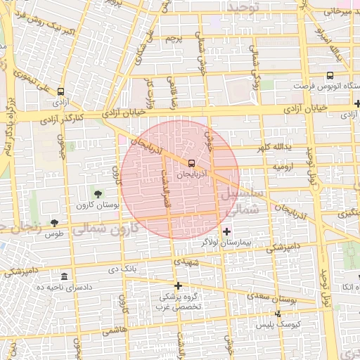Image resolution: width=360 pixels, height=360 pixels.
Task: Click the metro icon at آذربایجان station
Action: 192,163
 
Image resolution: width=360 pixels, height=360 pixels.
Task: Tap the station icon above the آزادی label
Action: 61,91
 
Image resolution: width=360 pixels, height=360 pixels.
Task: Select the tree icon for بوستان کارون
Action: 97,194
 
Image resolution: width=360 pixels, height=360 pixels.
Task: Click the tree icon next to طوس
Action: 54,223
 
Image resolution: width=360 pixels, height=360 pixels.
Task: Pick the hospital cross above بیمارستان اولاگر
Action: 226,231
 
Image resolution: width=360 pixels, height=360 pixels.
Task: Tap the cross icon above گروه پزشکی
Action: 179,285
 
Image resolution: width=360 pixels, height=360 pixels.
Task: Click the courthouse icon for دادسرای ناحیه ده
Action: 65,276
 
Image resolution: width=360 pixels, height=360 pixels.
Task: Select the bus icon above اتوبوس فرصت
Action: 330,76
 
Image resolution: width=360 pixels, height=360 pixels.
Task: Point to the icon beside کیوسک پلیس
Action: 278,314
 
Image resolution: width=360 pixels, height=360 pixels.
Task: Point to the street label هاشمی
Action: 115,329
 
